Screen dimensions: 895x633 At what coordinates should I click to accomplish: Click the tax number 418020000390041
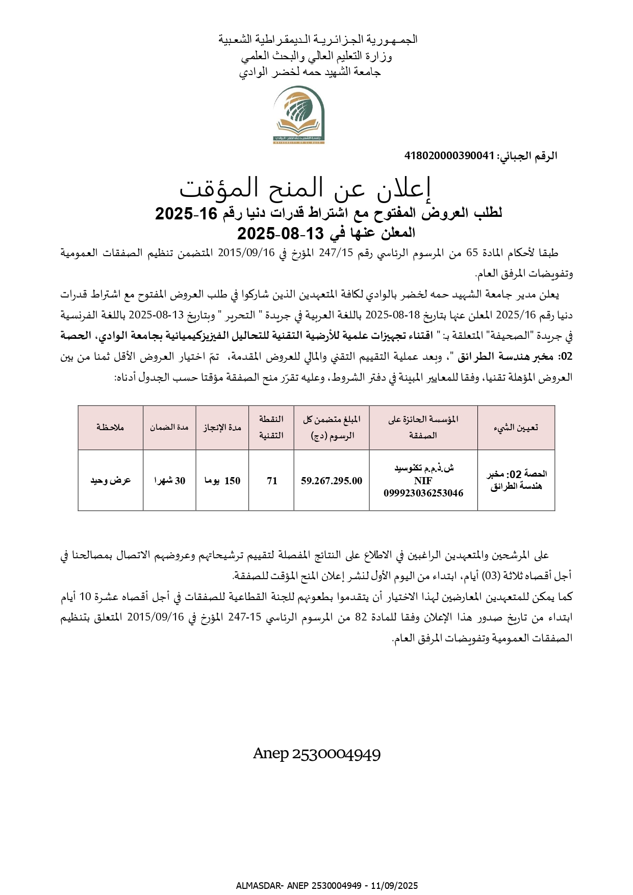click(x=449, y=156)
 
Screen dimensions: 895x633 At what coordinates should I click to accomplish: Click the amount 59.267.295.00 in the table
click(x=332, y=481)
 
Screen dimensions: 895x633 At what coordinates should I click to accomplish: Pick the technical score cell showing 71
click(x=272, y=481)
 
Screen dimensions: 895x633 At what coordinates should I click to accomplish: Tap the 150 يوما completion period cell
click(x=222, y=481)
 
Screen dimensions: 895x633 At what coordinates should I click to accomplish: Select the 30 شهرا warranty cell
click(x=170, y=481)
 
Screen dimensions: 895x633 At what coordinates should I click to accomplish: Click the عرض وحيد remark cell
click(x=111, y=481)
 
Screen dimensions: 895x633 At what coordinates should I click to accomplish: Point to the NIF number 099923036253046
click(x=423, y=493)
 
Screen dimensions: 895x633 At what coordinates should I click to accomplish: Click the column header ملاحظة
click(x=110, y=428)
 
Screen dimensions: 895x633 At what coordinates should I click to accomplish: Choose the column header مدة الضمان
click(x=169, y=428)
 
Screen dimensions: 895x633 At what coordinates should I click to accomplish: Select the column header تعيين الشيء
click(x=516, y=428)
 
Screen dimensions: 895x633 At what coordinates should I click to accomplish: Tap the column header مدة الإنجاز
click(x=222, y=428)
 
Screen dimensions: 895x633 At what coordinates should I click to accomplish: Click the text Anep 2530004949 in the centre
click(x=317, y=754)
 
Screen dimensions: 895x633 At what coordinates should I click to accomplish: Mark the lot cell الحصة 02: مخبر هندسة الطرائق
click(x=516, y=480)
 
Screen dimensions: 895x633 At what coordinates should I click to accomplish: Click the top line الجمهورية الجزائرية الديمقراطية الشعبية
click(x=318, y=39)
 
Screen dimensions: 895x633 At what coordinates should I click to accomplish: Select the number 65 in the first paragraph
click(x=473, y=253)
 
